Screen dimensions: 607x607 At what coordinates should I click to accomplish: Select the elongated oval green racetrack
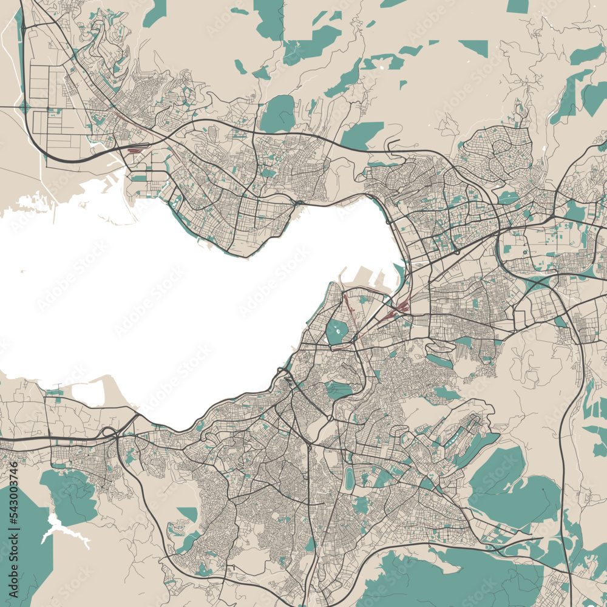(x=349, y=478)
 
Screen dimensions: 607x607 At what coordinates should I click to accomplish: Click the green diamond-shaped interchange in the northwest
(x=24, y=108)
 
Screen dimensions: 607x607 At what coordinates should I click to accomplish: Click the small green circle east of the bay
(x=525, y=251)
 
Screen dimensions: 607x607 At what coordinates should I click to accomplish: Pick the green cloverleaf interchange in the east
(x=537, y=281)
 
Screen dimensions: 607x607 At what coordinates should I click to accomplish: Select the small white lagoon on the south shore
(x=90, y=393)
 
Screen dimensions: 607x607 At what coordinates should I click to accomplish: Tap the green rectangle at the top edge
(x=517, y=6)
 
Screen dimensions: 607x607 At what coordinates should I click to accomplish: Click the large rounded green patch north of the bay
(x=278, y=114)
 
